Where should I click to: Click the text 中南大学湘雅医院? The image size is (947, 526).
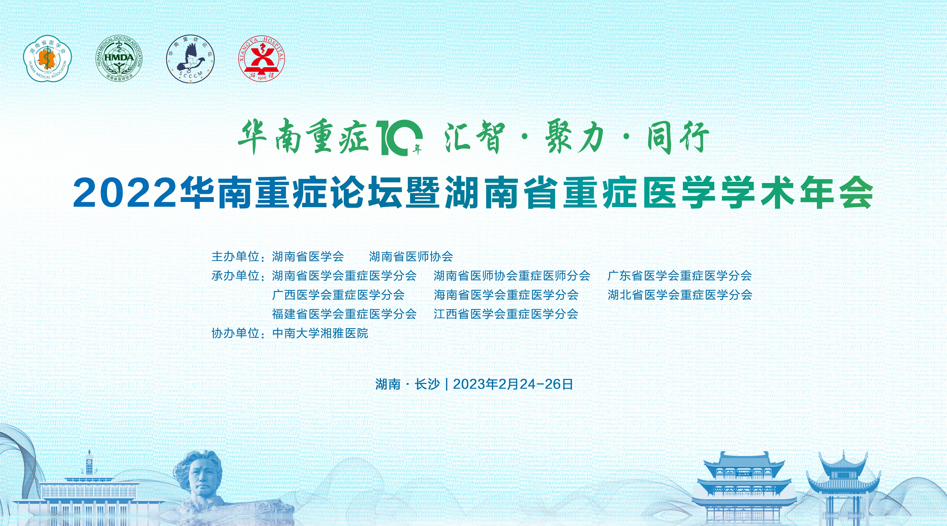320,333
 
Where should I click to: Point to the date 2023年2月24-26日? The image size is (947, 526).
513,384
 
